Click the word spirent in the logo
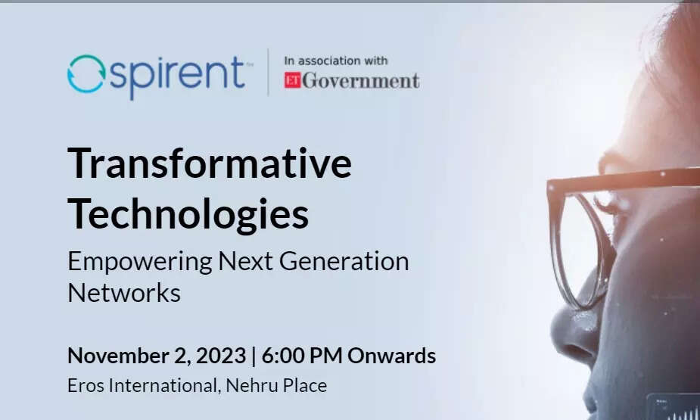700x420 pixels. point(177,76)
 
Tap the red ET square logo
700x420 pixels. point(292,80)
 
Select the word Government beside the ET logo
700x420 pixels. point(361,81)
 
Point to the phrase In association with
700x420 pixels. point(336,61)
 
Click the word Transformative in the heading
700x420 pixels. point(210,163)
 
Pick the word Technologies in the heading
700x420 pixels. point(188,214)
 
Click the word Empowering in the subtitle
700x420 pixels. point(140,262)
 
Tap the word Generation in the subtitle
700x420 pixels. point(344,261)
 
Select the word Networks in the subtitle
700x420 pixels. point(124,293)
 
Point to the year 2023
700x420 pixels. point(221,356)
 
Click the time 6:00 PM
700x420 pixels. point(302,356)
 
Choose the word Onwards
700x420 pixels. point(391,356)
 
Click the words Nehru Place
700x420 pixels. point(276,386)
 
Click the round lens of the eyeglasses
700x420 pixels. point(558,250)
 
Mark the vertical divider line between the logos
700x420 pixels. point(268,73)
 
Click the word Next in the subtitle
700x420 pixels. point(246,261)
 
